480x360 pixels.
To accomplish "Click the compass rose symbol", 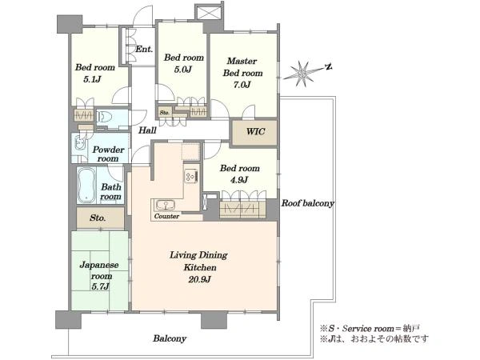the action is (303, 74).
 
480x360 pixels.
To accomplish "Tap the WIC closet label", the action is (256, 132).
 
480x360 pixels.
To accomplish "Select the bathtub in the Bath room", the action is (86, 186).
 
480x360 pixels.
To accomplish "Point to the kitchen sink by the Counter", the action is (165, 205).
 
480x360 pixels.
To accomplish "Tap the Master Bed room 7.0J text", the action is (242, 73).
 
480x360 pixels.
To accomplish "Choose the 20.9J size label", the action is (199, 279).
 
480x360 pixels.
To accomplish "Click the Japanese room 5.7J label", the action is (99, 275).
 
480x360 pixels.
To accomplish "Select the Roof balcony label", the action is (308, 203).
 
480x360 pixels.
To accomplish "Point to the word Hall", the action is (147, 130).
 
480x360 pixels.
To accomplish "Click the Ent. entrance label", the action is (144, 49).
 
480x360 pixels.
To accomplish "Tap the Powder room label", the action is (108, 154).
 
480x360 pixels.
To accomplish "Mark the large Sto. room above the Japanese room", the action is (100, 218).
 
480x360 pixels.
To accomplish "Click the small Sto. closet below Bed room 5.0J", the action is (165, 112).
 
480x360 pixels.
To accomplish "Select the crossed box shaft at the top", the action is (209, 14).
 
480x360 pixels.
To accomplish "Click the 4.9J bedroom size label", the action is (239, 180).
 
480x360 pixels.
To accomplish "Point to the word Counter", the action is (167, 216).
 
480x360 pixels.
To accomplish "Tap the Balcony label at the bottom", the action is (170, 338).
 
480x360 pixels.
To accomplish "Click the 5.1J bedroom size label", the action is (92, 79).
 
